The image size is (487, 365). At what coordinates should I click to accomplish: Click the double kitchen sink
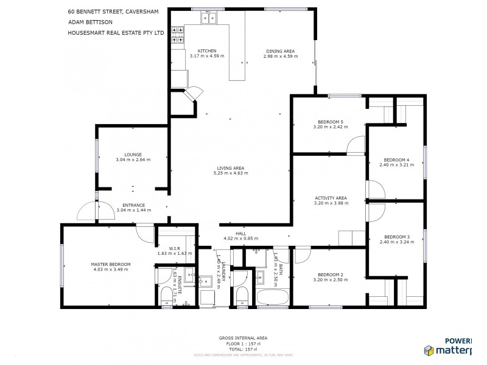pyautogui.click(x=209, y=19)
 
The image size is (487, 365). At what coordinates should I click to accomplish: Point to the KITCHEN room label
pyautogui.click(x=208, y=51)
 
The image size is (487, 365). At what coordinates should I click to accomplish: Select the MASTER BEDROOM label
pyautogui.click(x=110, y=264)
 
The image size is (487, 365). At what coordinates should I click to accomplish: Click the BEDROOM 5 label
pyautogui.click(x=331, y=122)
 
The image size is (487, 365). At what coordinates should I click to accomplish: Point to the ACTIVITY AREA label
pyautogui.click(x=331, y=198)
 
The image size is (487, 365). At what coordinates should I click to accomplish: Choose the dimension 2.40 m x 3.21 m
pyautogui.click(x=396, y=164)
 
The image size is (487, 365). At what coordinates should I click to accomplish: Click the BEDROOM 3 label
pyautogui.click(x=396, y=237)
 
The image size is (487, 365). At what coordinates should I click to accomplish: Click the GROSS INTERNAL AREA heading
pyautogui.click(x=243, y=338)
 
